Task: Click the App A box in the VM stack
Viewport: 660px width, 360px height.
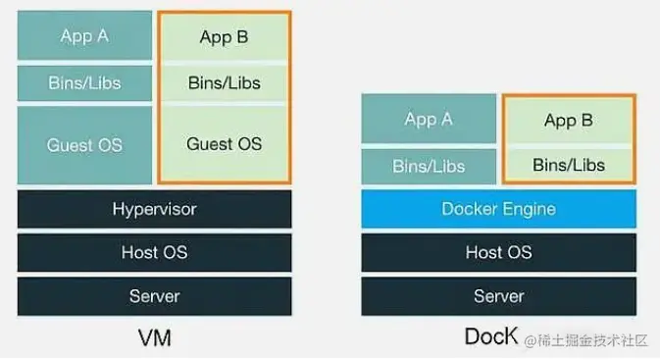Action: [x=84, y=36]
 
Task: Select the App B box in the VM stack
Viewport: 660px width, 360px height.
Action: [x=224, y=37]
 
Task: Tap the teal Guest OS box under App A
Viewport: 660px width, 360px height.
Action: [x=84, y=145]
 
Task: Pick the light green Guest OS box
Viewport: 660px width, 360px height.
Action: [x=224, y=144]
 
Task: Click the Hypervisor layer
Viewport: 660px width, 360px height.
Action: [x=154, y=209]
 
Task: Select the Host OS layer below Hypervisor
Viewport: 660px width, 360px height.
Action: [x=154, y=252]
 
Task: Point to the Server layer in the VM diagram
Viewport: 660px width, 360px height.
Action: [x=154, y=295]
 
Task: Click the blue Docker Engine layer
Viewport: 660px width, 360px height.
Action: [x=498, y=209]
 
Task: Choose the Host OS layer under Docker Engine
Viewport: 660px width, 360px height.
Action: [x=498, y=252]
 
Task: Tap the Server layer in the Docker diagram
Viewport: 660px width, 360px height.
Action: [x=498, y=295]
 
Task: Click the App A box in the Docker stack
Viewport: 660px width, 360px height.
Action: [x=429, y=120]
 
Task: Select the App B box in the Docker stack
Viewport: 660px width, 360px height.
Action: [x=568, y=121]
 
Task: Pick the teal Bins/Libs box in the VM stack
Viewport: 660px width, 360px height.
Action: [x=84, y=83]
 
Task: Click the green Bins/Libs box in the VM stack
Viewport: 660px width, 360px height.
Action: [x=224, y=83]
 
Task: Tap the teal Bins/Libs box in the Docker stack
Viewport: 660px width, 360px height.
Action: [x=429, y=166]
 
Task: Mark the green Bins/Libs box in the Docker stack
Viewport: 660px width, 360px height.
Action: [x=568, y=165]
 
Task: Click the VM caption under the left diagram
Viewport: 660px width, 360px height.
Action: [x=154, y=338]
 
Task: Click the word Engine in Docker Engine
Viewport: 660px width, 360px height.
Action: [x=529, y=209]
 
